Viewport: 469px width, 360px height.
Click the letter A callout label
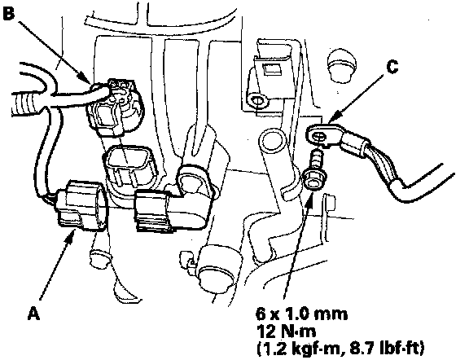point(34,314)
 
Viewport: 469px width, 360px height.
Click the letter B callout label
point(8,13)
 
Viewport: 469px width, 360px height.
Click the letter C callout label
point(392,67)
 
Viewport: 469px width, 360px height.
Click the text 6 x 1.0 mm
point(301,314)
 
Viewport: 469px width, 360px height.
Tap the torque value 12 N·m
point(286,331)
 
